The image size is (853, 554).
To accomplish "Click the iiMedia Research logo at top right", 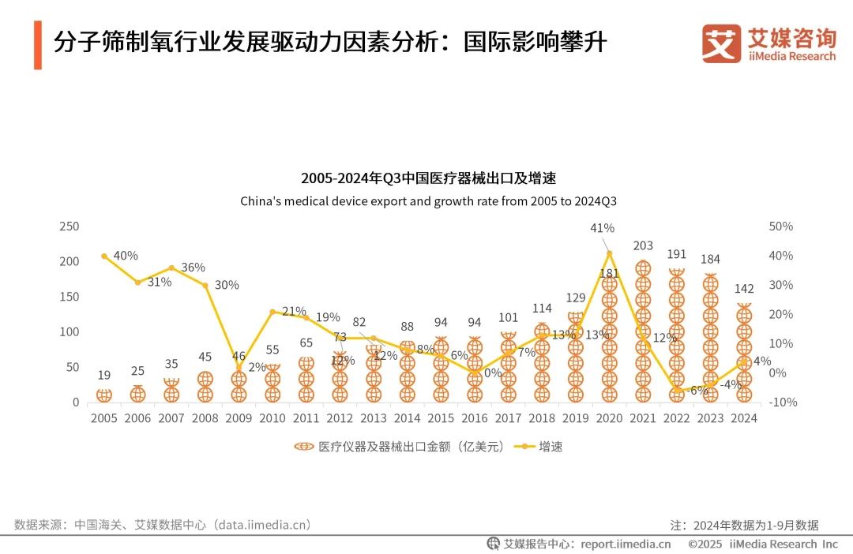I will [768, 44].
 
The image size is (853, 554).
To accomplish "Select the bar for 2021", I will [643, 331].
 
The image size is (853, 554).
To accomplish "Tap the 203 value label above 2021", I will [643, 246].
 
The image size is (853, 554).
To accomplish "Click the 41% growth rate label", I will [602, 228].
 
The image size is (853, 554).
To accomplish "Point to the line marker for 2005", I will [104, 256].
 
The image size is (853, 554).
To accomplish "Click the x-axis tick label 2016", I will [474, 418].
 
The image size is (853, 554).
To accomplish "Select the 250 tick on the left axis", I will [70, 226].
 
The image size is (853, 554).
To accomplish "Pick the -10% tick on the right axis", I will [782, 402].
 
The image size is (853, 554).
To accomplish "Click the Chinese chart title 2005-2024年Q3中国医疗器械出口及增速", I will [428, 178].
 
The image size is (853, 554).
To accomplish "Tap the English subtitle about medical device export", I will [428, 201].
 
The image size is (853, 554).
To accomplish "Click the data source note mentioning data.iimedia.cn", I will [163, 524].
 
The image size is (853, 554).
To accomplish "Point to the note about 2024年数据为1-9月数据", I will [744, 525].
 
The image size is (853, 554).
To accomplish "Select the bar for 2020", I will [609, 339].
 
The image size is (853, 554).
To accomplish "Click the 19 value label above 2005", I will [104, 375].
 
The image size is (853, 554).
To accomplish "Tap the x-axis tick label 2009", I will [239, 418].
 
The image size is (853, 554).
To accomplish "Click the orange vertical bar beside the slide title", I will [37, 45].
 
